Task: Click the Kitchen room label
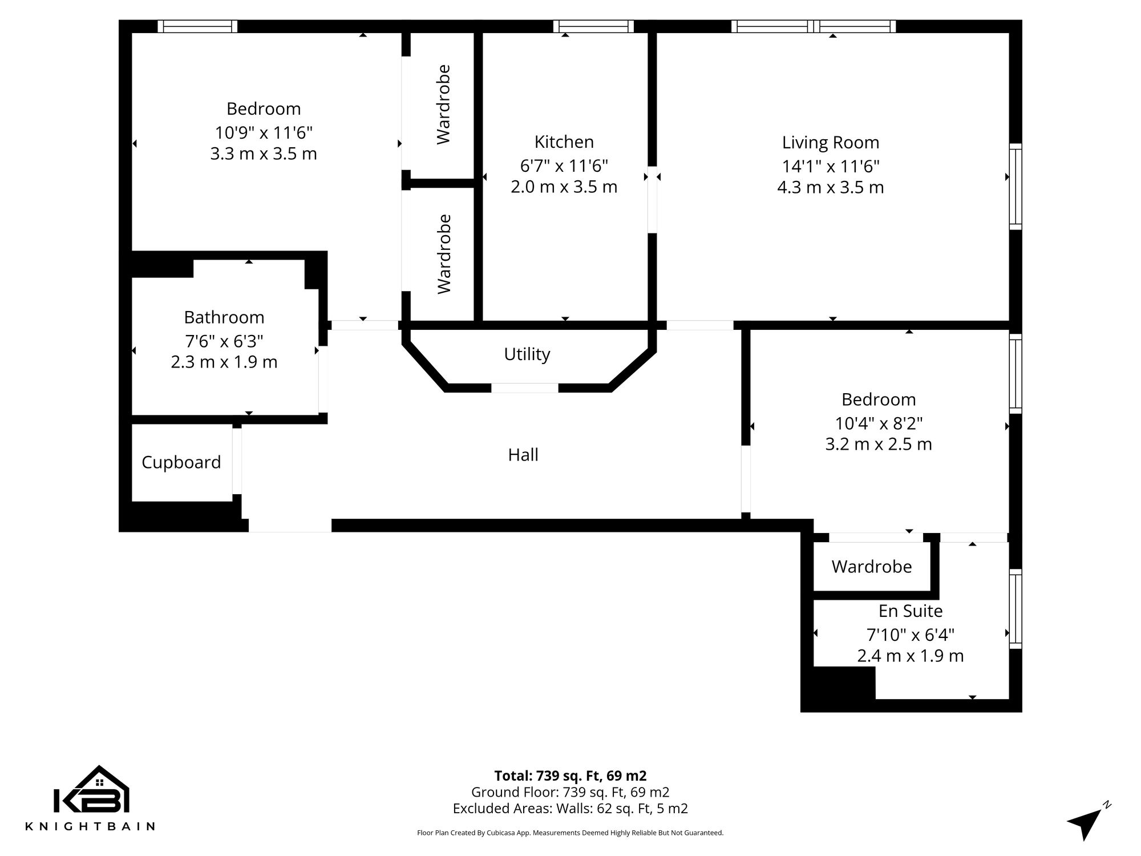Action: tap(564, 142)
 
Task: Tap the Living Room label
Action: tap(830, 143)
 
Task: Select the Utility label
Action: tap(527, 354)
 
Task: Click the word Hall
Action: tap(523, 455)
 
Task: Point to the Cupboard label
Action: tap(181, 462)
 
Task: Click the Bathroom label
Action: tap(224, 317)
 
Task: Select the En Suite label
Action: tap(910, 611)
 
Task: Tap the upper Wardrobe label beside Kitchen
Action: tap(443, 104)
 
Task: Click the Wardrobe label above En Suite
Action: tap(871, 567)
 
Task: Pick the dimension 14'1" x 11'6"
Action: tap(830, 167)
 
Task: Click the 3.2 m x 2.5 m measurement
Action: tap(878, 444)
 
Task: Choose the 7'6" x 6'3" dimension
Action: tap(224, 341)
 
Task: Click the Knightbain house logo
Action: tap(91, 790)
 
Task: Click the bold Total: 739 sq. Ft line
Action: tap(570, 776)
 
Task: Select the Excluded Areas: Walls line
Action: tap(570, 809)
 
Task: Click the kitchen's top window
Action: tap(593, 26)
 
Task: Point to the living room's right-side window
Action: tap(1015, 187)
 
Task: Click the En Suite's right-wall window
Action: tap(1015, 608)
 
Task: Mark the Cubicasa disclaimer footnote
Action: tap(570, 833)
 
